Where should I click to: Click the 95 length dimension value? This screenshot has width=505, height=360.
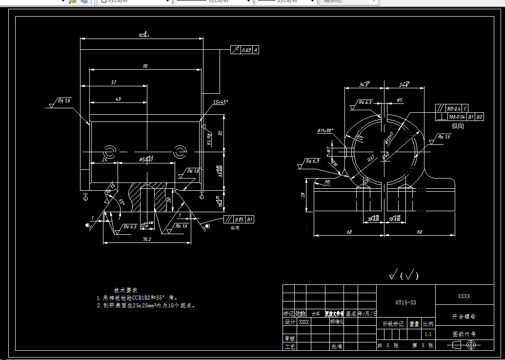pyautogui.click(x=145, y=66)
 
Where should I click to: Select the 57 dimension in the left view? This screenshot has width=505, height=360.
pyautogui.click(x=114, y=83)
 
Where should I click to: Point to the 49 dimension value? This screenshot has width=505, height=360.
pyautogui.click(x=118, y=99)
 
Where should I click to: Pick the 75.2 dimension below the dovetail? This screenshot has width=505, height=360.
pyautogui.click(x=146, y=239)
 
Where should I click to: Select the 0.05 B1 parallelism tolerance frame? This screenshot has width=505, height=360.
pyautogui.click(x=239, y=219)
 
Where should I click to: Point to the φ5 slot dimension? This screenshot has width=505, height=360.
pyautogui.click(x=399, y=100)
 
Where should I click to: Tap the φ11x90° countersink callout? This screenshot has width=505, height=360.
pyautogui.click(x=325, y=131)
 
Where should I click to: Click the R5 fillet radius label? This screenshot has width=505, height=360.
pyautogui.click(x=328, y=181)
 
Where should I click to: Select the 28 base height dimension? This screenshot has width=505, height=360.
pyautogui.click(x=303, y=195)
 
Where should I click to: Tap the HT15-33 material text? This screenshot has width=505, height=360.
pyautogui.click(x=405, y=302)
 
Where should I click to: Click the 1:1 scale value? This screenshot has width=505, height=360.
pyautogui.click(x=428, y=335)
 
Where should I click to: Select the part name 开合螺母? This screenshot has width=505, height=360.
pyautogui.click(x=464, y=317)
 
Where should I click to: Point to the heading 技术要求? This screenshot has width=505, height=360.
pyautogui.click(x=126, y=290)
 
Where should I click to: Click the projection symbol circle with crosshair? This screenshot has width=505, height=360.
pyautogui.click(x=471, y=345)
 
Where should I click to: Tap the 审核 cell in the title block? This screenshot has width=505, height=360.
pyautogui.click(x=289, y=338)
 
